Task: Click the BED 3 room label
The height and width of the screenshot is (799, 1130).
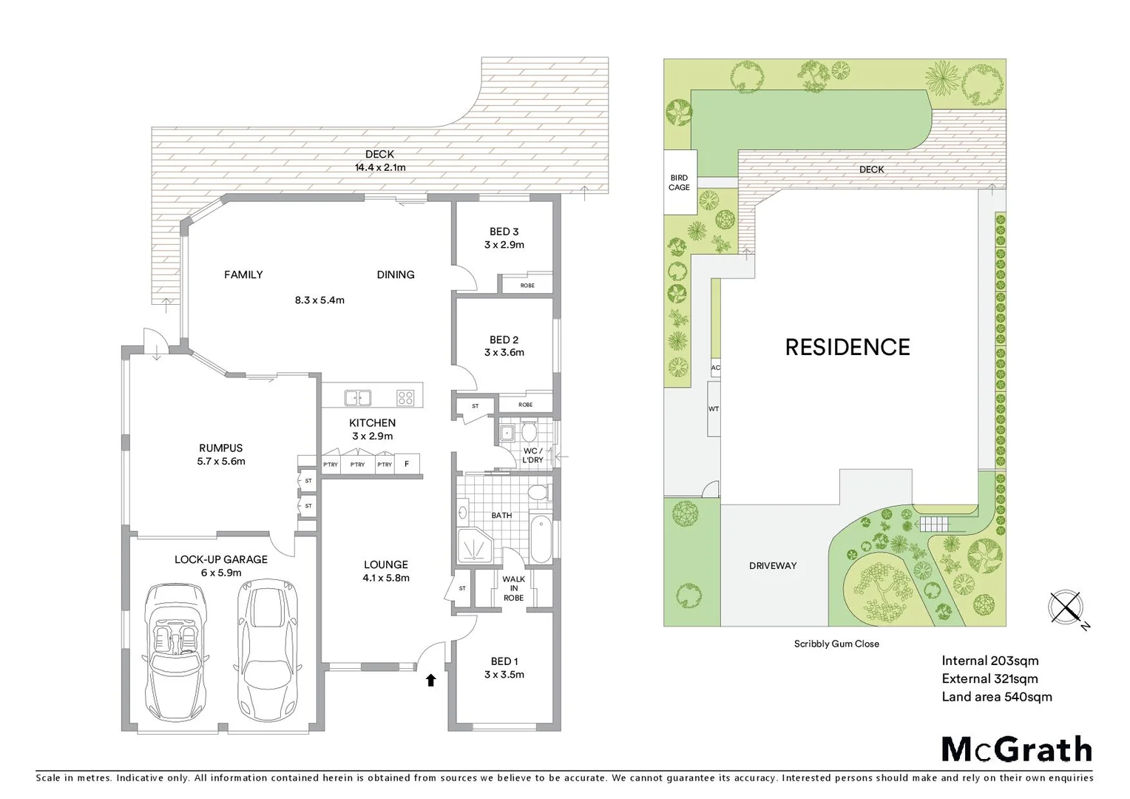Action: pos(504,232)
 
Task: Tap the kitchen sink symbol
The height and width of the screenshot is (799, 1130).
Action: pos(357,398)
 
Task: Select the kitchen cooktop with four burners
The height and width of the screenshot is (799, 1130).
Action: pos(405,398)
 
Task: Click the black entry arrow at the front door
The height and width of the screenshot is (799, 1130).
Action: pos(430,680)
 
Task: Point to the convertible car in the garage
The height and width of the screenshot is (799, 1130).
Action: pos(176,651)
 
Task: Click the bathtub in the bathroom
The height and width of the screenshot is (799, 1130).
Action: pos(541,539)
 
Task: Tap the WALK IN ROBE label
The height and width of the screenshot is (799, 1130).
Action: pos(513,588)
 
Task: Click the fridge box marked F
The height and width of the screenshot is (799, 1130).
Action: pos(407,464)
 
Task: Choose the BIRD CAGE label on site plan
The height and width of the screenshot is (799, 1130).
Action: pos(679,183)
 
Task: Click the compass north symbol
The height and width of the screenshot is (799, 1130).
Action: pos(1066,608)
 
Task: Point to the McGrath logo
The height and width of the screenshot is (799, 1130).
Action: pos(1016,749)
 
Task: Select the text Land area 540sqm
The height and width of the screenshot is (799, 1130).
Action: pos(996,697)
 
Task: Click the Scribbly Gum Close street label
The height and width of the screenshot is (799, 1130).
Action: pos(836,644)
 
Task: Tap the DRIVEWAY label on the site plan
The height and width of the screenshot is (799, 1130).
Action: pos(773,566)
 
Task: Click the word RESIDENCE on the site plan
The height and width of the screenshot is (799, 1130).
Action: pos(847,347)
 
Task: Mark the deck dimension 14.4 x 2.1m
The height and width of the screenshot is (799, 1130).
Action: pos(379,167)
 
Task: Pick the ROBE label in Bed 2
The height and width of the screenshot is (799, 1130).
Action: pos(525,405)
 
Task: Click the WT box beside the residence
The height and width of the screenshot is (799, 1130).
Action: pos(714,409)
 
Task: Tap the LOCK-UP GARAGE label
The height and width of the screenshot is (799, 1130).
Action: pos(220,559)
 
